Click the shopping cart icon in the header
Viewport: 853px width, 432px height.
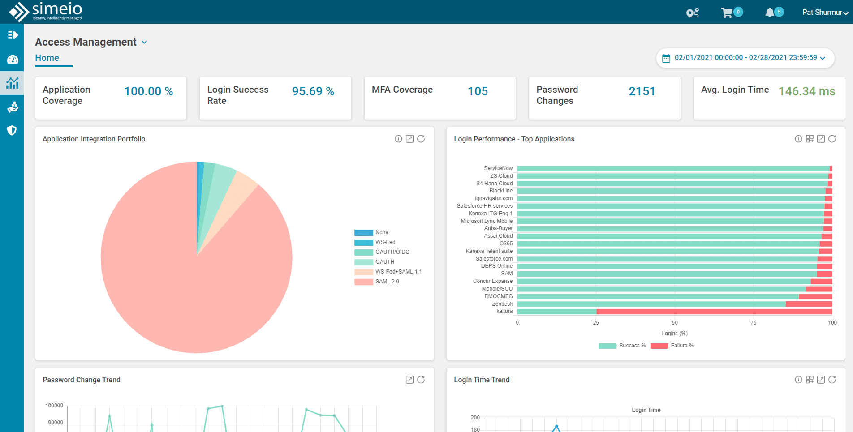pyautogui.click(x=727, y=13)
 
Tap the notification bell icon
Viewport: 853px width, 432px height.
pyautogui.click(x=770, y=13)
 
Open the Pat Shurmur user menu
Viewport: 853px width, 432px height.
pyautogui.click(x=825, y=13)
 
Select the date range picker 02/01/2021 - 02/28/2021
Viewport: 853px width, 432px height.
pyautogui.click(x=745, y=58)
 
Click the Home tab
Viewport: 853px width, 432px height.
pyautogui.click(x=47, y=58)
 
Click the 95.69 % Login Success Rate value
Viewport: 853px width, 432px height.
pyautogui.click(x=313, y=91)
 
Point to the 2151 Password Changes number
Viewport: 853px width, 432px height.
pyautogui.click(x=642, y=91)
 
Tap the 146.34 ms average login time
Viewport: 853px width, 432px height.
pyautogui.click(x=806, y=91)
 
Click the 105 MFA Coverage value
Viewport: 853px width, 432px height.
pyautogui.click(x=478, y=91)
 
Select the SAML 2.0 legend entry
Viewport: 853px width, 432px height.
pyautogui.click(x=387, y=282)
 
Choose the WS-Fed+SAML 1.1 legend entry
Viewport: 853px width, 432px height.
pyautogui.click(x=398, y=272)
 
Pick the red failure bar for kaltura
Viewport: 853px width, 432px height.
pyautogui.click(x=714, y=311)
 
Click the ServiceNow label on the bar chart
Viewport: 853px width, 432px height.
pyautogui.click(x=498, y=168)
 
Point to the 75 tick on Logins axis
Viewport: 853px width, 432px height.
pyautogui.click(x=754, y=323)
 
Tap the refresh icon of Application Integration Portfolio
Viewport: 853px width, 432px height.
pyautogui.click(x=421, y=139)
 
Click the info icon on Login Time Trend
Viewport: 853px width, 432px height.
pyautogui.click(x=798, y=380)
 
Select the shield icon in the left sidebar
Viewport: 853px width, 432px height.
pyautogui.click(x=12, y=130)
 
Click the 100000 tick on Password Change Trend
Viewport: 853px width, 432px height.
pyautogui.click(x=54, y=406)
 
